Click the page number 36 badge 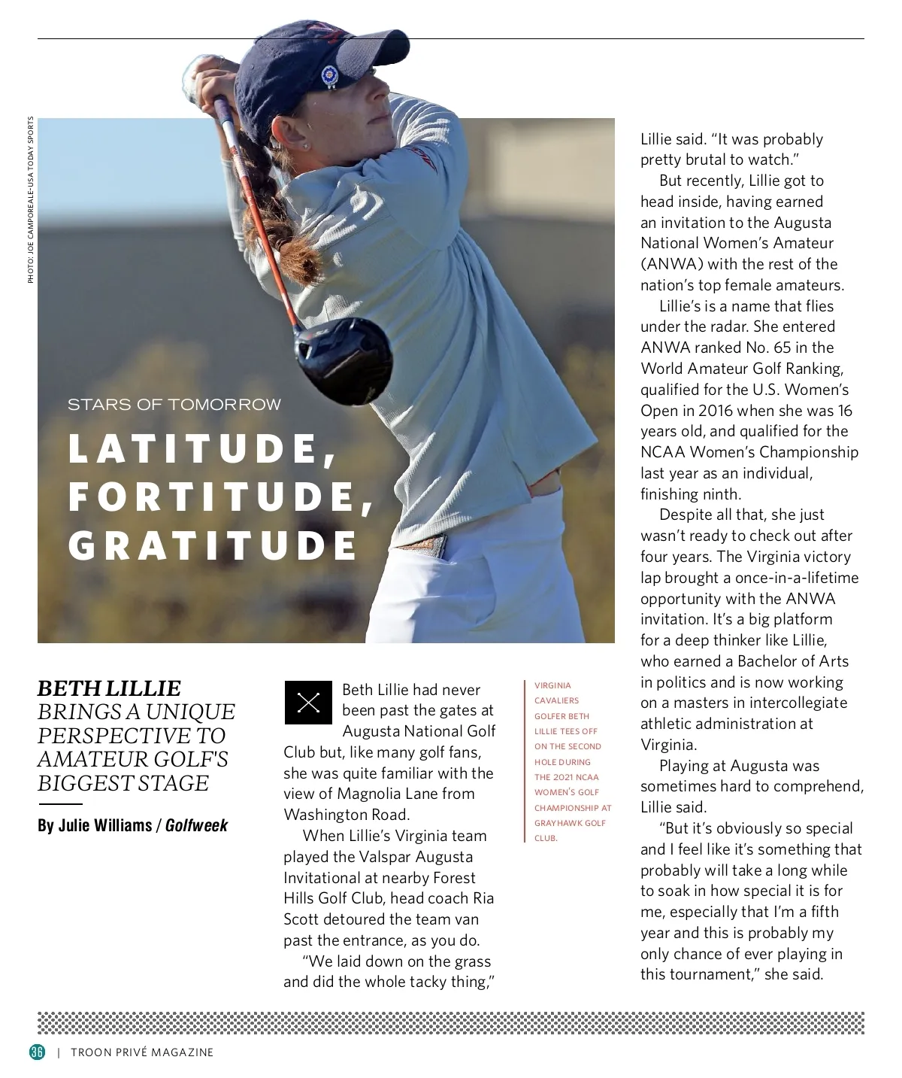pyautogui.click(x=37, y=1052)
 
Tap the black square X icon pyautogui.click(x=308, y=703)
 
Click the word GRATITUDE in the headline pyautogui.click(x=213, y=545)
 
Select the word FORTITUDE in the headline pyautogui.click(x=220, y=497)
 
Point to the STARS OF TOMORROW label pyautogui.click(x=174, y=405)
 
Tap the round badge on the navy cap pyautogui.click(x=328, y=74)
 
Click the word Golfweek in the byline pyautogui.click(x=196, y=825)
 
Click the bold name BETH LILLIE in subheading pyautogui.click(x=109, y=688)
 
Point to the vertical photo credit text pyautogui.click(x=31, y=199)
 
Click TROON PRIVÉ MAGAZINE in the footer pyautogui.click(x=142, y=1052)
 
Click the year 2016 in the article pyautogui.click(x=715, y=411)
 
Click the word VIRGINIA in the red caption pyautogui.click(x=552, y=685)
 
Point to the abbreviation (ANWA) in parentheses pyautogui.click(x=672, y=264)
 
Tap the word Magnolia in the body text pyautogui.click(x=369, y=794)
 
